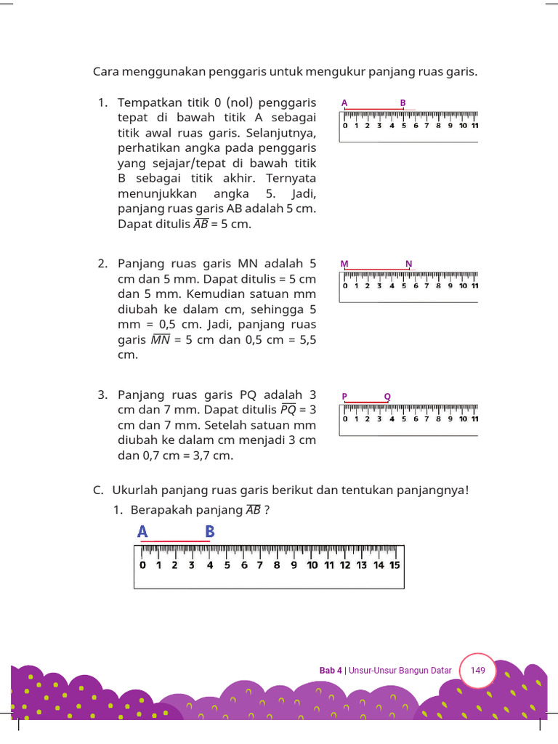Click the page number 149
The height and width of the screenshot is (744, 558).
(x=477, y=670)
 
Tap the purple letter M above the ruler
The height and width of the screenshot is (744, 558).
(x=344, y=263)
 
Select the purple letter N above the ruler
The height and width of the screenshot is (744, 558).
(x=409, y=263)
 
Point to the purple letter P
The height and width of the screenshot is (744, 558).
(x=345, y=396)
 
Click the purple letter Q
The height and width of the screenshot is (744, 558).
(x=387, y=396)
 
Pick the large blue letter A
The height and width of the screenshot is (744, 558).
(x=142, y=532)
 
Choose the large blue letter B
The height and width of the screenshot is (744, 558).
(x=209, y=532)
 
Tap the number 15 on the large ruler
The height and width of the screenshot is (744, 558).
(x=395, y=565)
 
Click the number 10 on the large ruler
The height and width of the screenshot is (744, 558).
(x=312, y=565)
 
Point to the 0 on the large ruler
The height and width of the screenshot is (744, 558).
(x=142, y=565)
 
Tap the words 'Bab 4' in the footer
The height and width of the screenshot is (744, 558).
(x=331, y=671)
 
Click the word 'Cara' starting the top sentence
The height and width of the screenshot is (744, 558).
(x=106, y=72)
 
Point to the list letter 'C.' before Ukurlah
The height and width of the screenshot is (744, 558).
(x=98, y=490)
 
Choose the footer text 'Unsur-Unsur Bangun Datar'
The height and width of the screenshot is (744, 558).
(x=400, y=671)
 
